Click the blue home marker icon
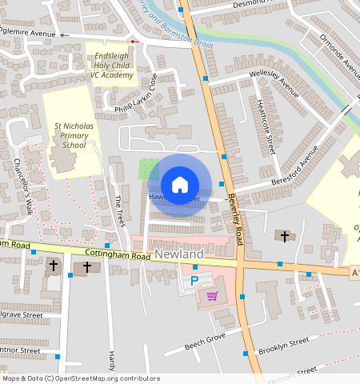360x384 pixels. pos(180,185)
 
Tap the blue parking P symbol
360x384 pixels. pos(194,282)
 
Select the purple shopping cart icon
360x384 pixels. pos(212,296)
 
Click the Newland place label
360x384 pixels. pos(179,254)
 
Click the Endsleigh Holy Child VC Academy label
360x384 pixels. pos(111,61)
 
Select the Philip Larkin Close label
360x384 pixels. pos(136,94)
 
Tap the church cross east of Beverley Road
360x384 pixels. pos(284,236)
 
